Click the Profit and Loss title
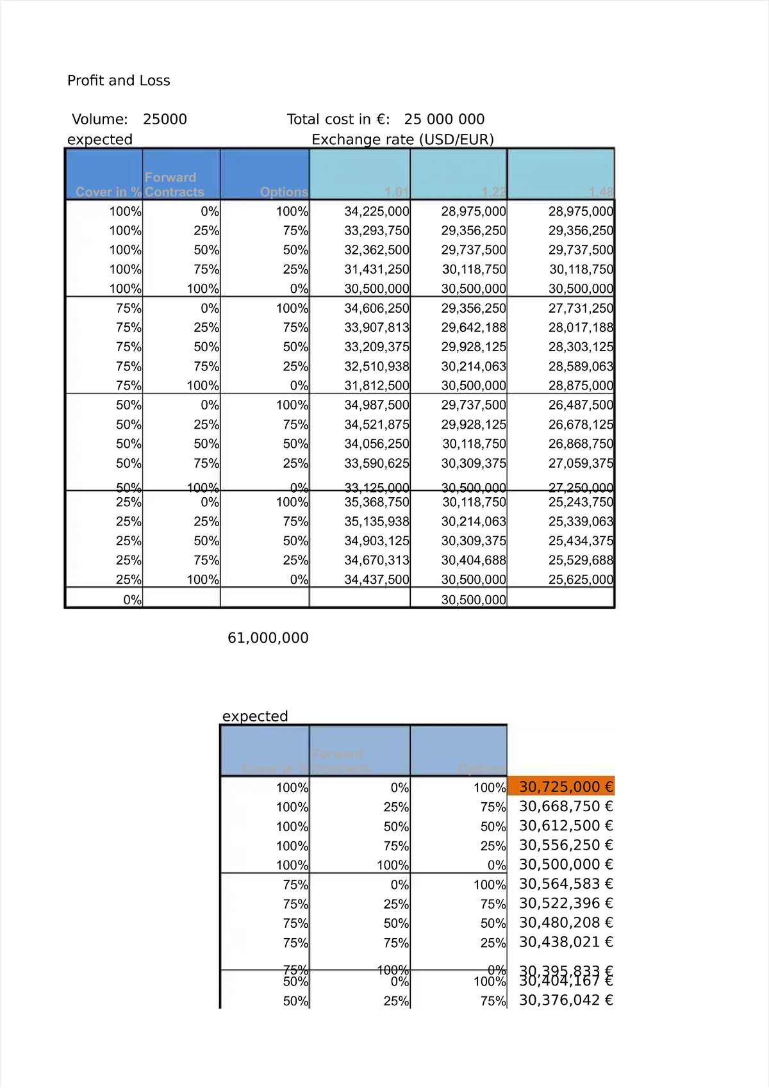coord(119,81)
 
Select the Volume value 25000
coord(165,119)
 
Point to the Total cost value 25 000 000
coord(444,119)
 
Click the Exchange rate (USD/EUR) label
coord(402,140)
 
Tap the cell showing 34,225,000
coord(377,211)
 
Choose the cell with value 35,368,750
coord(377,502)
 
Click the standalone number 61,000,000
coord(268,638)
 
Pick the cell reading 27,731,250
coord(581,308)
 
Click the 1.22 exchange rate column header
coord(493,192)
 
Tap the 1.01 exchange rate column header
coord(397,192)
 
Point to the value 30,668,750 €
coord(566,806)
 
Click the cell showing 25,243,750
coord(581,502)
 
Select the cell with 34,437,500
coord(377,580)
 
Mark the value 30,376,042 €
coord(566,1000)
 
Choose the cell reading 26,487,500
coord(581,405)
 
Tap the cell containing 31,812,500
coord(377,386)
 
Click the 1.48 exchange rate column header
coord(600,192)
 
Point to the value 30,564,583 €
coord(566,884)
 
